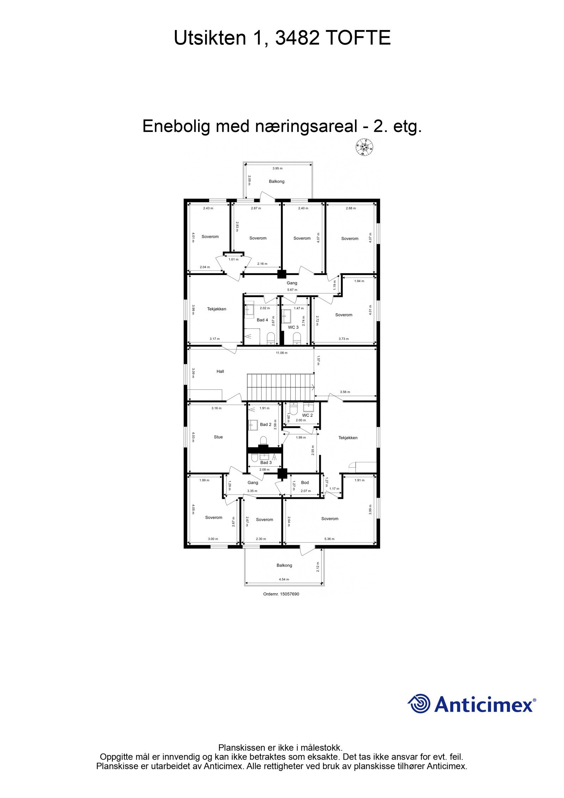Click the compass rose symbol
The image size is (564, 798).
click(364, 147)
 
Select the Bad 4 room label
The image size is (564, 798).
click(262, 320)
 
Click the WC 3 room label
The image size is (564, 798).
click(293, 327)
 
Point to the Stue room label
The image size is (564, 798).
click(218, 437)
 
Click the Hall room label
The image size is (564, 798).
click(220, 371)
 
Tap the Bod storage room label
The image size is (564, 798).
click(305, 482)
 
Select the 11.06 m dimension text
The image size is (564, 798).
click(282, 353)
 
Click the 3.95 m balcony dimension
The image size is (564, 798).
click(277, 168)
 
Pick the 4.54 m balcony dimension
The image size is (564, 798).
click(284, 579)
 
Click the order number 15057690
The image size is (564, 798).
click(281, 594)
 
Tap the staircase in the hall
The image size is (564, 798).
click(280, 386)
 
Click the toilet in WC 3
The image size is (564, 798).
click(297, 339)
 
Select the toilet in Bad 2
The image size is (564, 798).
click(263, 440)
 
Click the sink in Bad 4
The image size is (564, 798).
click(250, 310)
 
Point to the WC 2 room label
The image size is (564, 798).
click(307, 415)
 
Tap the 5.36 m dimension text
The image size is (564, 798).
click(329, 539)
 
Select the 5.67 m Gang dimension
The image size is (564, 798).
click(292, 290)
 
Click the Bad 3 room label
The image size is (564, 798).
click(266, 462)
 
